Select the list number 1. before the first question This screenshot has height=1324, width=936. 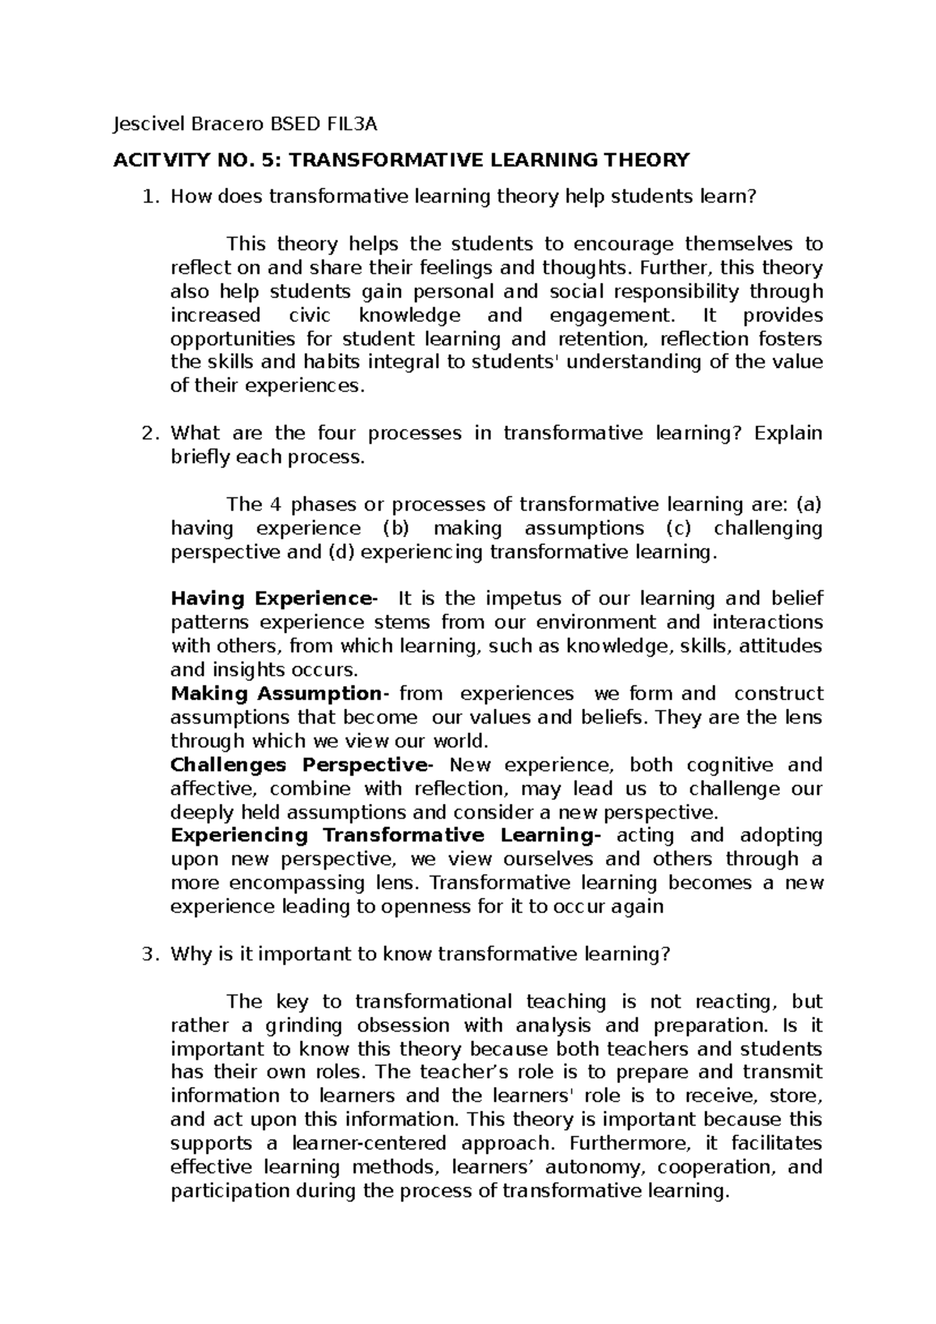[151, 197]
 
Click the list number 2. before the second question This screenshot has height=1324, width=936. [151, 434]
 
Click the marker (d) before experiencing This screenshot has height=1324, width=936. [332, 552]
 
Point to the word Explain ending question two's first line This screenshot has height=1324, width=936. [789, 434]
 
